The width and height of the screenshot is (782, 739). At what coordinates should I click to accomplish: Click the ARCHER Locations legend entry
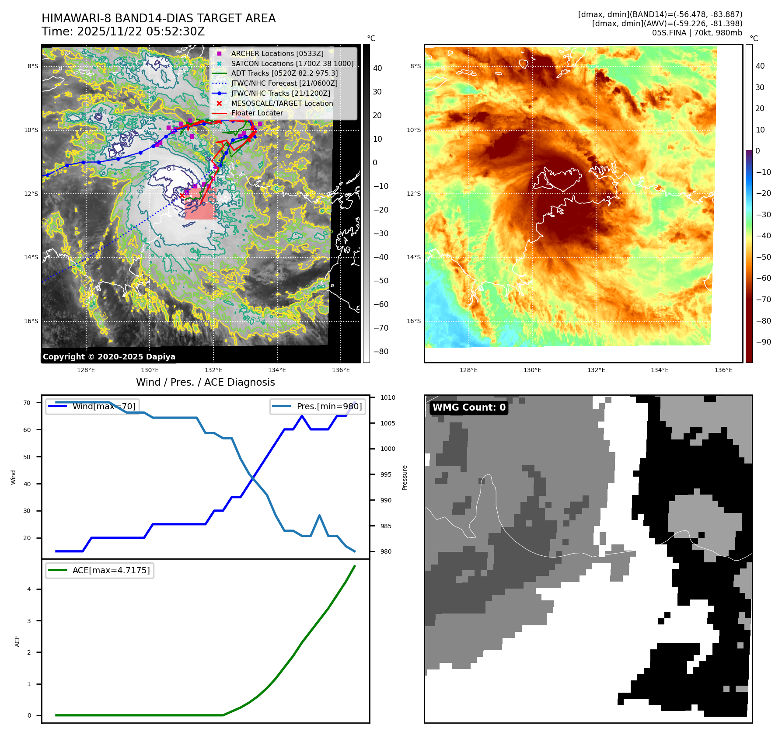point(277,53)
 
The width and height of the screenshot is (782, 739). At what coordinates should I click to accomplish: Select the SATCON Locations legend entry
point(292,63)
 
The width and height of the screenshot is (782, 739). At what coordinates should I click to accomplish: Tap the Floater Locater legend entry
point(257,113)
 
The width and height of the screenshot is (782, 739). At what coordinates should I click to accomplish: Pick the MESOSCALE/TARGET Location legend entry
point(282,103)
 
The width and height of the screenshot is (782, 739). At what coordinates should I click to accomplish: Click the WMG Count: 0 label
point(469,408)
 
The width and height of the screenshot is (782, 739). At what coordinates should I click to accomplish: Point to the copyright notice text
point(109,357)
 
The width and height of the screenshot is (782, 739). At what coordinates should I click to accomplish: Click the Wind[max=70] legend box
point(93,406)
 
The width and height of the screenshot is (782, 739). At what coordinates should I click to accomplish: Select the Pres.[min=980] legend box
point(318,406)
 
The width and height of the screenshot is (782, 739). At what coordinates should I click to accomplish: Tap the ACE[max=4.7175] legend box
point(100,570)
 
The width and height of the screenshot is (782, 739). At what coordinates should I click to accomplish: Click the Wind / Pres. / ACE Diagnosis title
point(206,382)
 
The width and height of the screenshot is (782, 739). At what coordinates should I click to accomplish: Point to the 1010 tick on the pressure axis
point(388,397)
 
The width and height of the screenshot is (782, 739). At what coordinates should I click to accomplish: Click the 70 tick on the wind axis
point(27,403)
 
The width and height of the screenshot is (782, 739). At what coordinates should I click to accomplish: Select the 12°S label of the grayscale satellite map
point(31,194)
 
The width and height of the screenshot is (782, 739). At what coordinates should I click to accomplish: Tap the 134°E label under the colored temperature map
point(660,370)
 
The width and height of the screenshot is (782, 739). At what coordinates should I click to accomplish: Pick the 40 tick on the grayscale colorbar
point(377,68)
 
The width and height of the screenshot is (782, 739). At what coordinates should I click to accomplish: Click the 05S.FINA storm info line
point(697,33)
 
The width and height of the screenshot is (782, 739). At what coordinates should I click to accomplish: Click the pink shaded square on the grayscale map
point(200,204)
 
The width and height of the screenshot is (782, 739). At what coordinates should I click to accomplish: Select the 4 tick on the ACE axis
point(29,589)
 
